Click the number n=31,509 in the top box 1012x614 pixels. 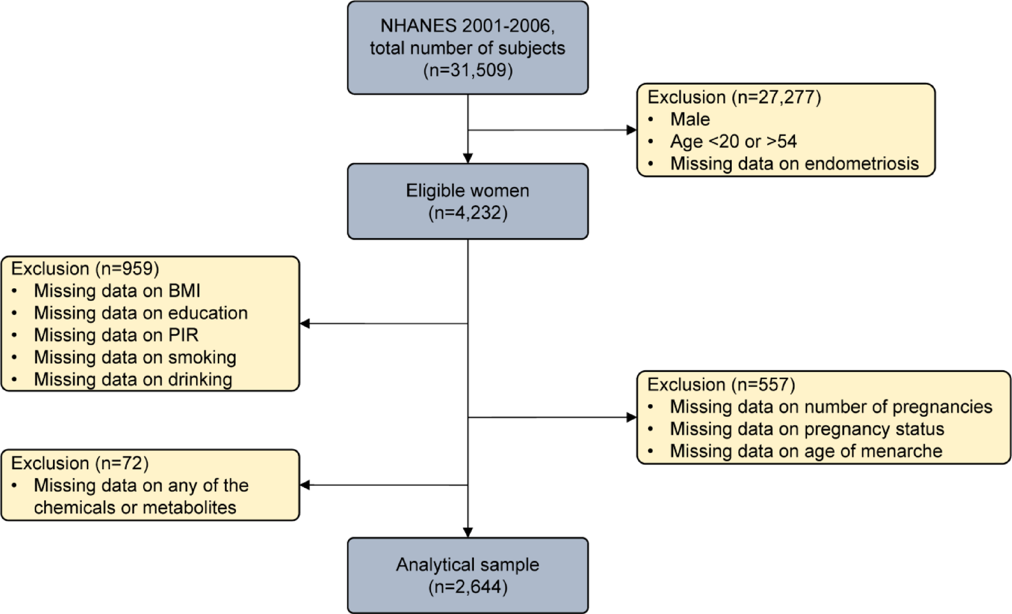(467, 70)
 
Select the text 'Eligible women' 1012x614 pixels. (467, 190)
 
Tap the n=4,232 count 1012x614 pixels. (467, 213)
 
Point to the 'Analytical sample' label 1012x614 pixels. (467, 565)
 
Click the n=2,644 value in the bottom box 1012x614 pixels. (467, 587)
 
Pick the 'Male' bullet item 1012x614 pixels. (689, 119)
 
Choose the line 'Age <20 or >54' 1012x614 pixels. (733, 141)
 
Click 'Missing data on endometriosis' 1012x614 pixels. (794, 164)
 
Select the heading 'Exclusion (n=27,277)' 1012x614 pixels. (734, 97)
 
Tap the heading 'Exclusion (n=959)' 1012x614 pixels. (85, 268)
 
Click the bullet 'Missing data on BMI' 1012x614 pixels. (117, 291)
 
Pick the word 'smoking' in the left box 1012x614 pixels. (202, 357)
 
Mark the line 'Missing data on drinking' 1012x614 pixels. (132, 379)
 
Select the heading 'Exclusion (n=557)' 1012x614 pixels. (721, 384)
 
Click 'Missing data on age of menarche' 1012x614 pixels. (805, 451)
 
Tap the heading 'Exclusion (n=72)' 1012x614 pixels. (79, 463)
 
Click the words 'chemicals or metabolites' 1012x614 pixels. (135, 507)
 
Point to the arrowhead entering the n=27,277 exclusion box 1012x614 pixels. (632, 130)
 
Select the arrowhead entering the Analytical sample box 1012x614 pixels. (467, 532)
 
